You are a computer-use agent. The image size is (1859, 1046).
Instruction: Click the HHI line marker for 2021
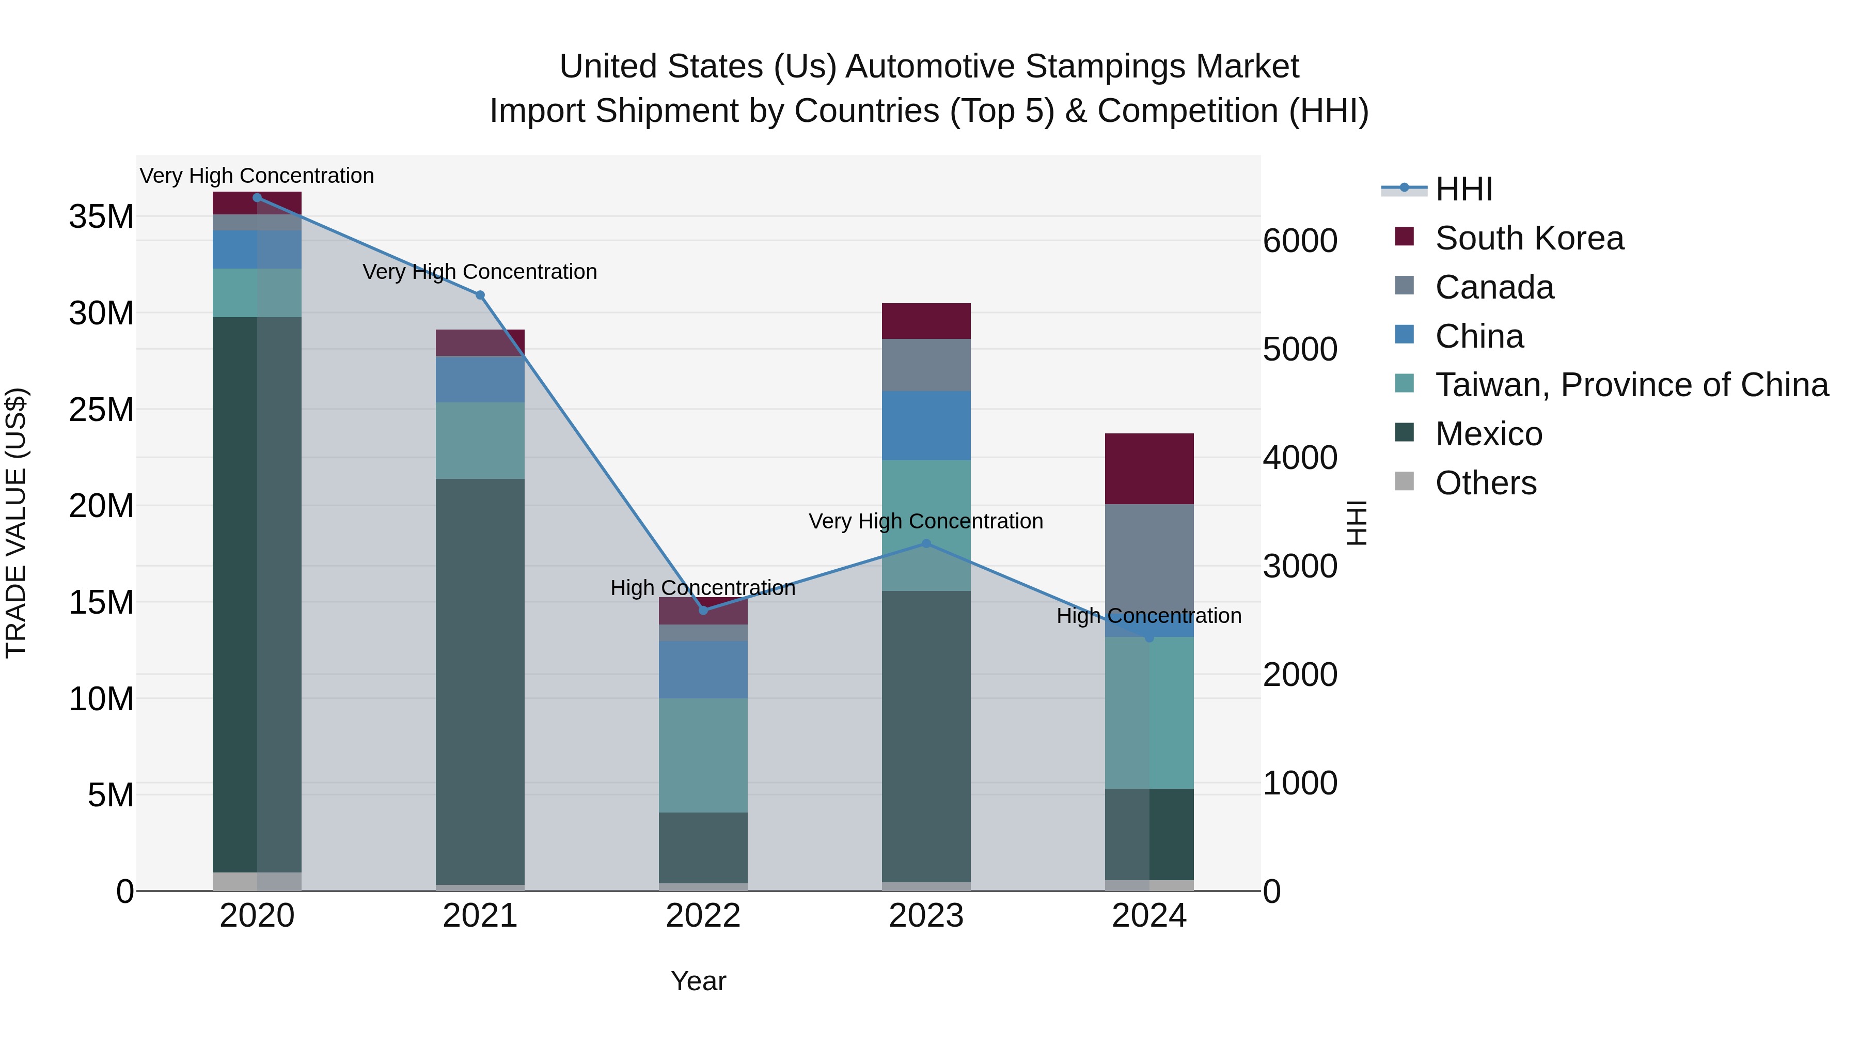pyautogui.click(x=480, y=295)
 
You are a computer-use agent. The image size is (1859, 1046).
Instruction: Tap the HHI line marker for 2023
pyautogui.click(x=926, y=543)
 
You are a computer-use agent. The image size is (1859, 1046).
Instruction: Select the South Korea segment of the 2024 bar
pyautogui.click(x=1149, y=469)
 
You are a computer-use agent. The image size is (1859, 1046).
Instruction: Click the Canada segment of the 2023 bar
pyautogui.click(x=926, y=365)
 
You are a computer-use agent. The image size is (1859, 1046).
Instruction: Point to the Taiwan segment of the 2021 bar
pyautogui.click(x=480, y=440)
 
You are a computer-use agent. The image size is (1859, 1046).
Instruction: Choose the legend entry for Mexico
pyautogui.click(x=1488, y=434)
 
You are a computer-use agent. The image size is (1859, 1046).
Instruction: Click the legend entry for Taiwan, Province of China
pyautogui.click(x=1631, y=385)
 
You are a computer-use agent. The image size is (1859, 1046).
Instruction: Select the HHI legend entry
pyautogui.click(x=1463, y=189)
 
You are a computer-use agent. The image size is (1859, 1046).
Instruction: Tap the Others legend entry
pyautogui.click(x=1485, y=483)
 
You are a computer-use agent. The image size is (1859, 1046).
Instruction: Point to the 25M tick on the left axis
pyautogui.click(x=101, y=409)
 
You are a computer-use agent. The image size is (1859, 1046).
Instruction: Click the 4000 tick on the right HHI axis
pyautogui.click(x=1300, y=458)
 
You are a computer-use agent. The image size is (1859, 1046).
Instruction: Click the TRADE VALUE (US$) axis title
pyautogui.click(x=16, y=523)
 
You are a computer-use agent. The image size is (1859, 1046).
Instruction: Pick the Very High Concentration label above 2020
pyautogui.click(x=257, y=176)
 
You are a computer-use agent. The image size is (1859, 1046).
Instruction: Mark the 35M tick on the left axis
pyautogui.click(x=101, y=216)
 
